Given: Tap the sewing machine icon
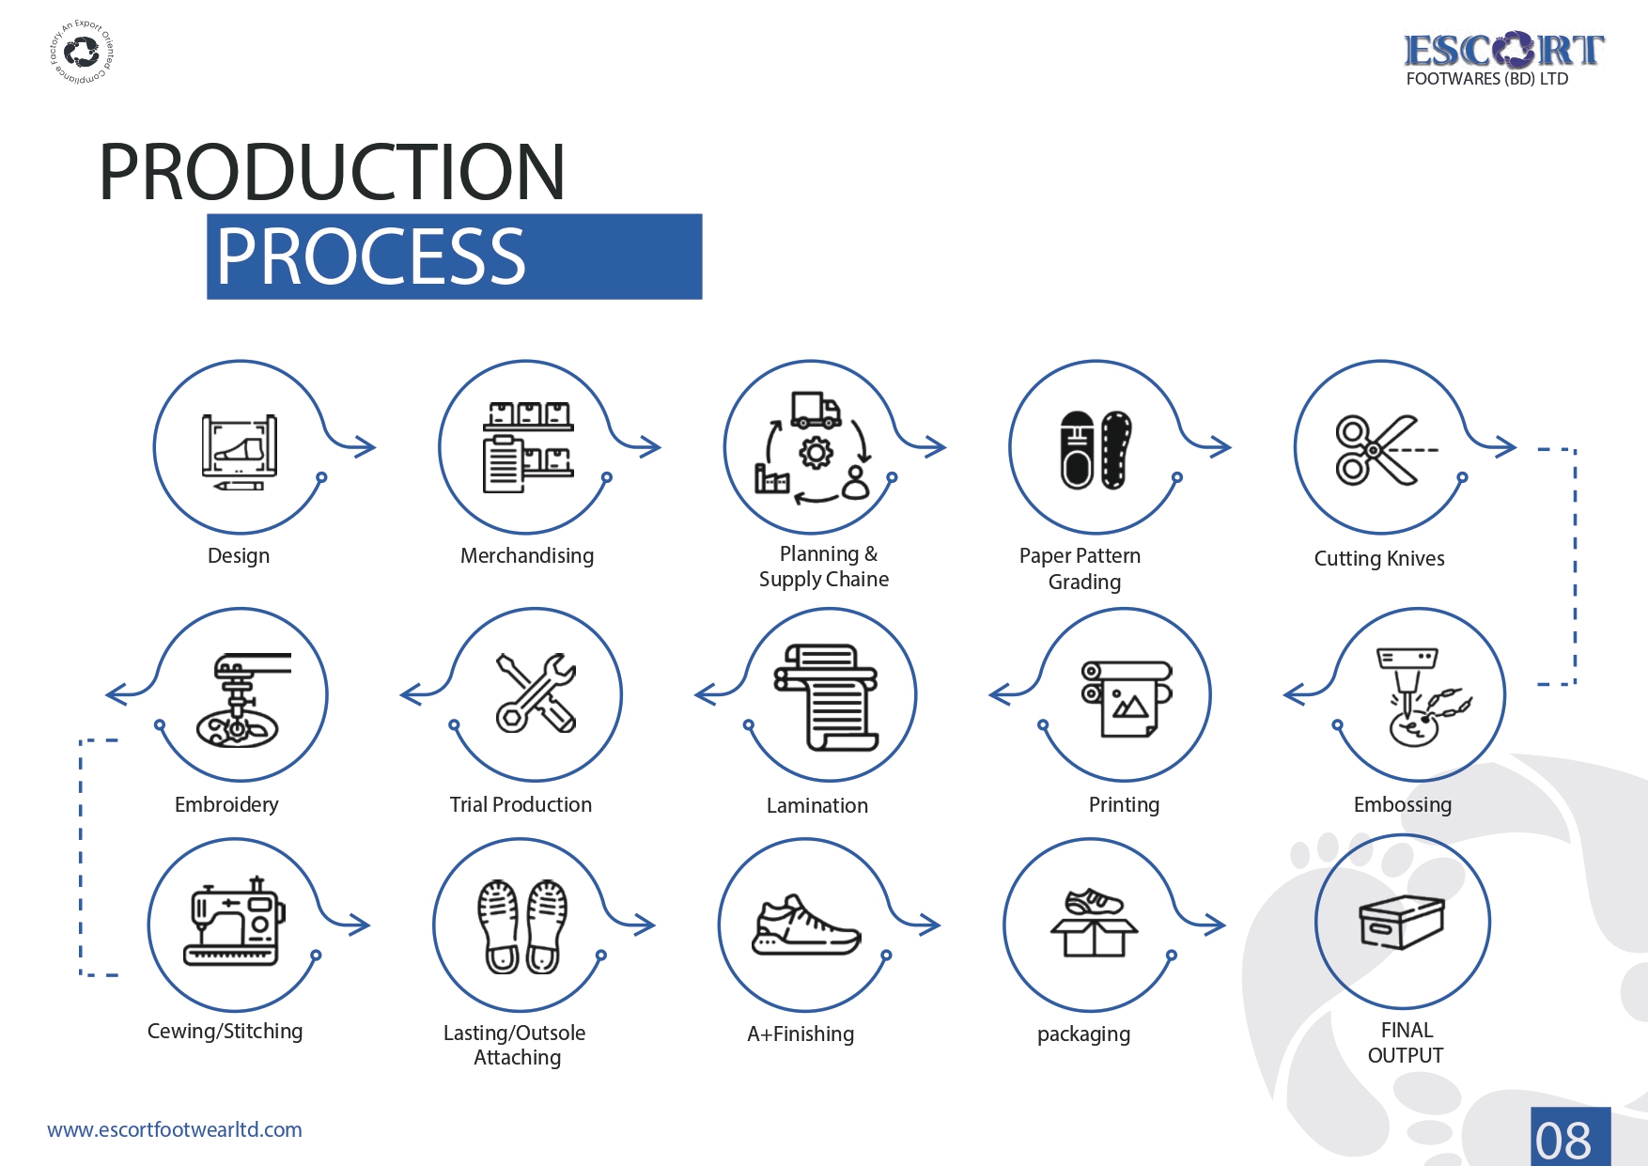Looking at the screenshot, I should coord(235,925).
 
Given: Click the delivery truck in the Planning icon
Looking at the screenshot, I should coord(815,410).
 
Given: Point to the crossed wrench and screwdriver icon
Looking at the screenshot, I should coord(536,693).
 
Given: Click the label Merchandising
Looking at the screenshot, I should coord(526,556).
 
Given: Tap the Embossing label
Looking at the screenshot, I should coord(1402,805).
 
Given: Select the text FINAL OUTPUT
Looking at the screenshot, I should coord(1406,1043).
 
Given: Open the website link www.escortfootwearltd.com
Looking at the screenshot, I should coord(175,1129).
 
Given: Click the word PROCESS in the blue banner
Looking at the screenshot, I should coord(371,257).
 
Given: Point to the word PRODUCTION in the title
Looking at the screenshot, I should coord(332,173).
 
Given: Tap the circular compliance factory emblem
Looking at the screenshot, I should coord(82,52).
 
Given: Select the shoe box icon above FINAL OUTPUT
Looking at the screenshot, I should coord(1401,922).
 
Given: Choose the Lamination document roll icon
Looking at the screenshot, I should coord(826,696).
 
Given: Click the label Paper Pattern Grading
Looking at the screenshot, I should coord(1081,568).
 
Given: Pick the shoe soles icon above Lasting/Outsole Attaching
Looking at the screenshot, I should coord(522,926).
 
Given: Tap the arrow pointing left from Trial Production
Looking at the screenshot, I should coord(418,694).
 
